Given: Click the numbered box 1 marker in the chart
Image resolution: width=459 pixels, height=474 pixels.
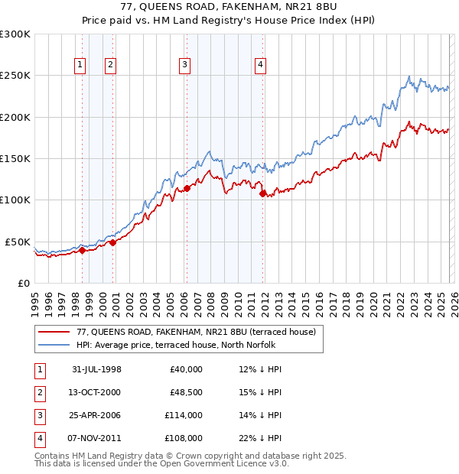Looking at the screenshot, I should [80, 65].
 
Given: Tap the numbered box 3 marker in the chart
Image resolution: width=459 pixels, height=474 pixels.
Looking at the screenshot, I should [185, 65].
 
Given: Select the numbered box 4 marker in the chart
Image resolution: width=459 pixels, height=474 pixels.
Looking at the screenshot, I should [261, 65].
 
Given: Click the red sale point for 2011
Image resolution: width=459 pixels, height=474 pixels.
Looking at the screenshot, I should [262, 193].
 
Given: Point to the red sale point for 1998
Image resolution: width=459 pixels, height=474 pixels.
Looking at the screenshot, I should [82, 250].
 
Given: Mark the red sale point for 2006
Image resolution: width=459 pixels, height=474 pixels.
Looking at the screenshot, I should [187, 188].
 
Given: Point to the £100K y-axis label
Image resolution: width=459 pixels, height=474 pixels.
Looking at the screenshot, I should [15, 200].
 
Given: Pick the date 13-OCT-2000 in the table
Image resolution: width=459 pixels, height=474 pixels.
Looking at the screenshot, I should [96, 392].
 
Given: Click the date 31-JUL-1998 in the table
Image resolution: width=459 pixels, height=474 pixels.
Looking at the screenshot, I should [96, 369].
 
